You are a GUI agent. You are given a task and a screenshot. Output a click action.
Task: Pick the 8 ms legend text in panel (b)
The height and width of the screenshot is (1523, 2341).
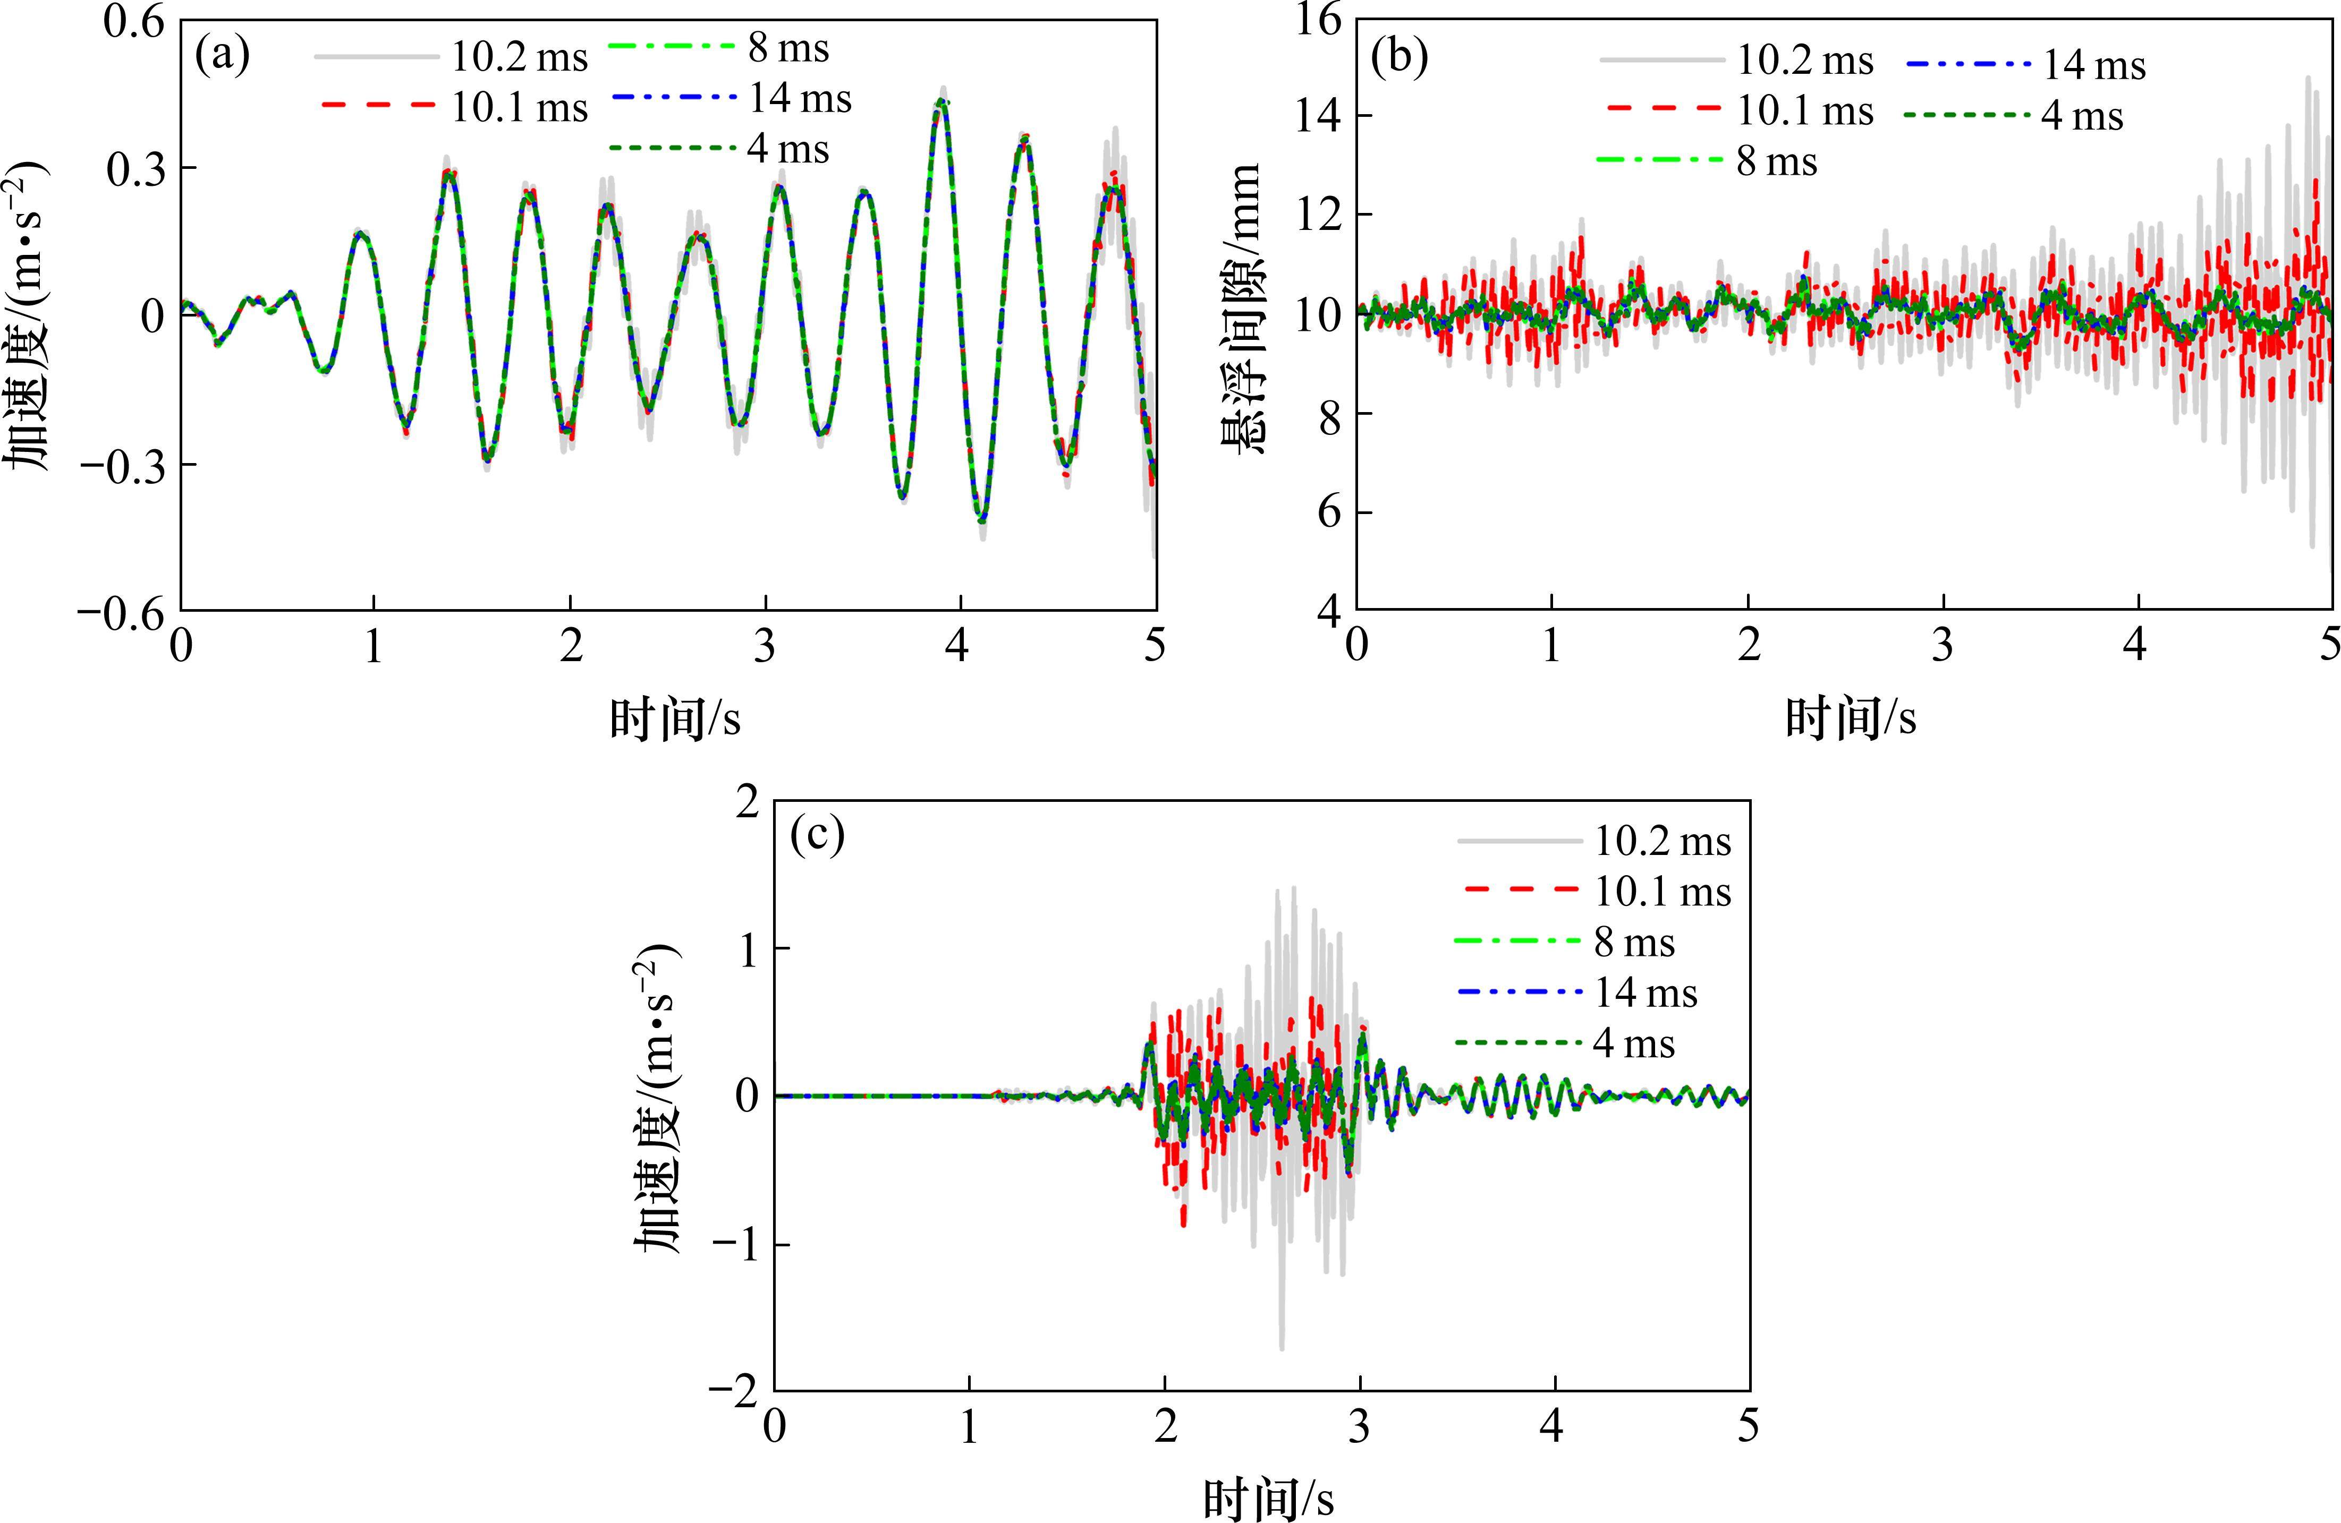click(x=1776, y=161)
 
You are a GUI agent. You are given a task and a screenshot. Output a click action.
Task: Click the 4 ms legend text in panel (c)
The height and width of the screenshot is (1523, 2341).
click(x=1634, y=1043)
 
